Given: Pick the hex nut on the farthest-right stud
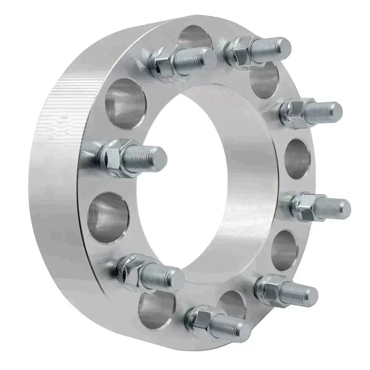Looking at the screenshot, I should click(x=303, y=205).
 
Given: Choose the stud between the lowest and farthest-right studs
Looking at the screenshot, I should click(x=287, y=289).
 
